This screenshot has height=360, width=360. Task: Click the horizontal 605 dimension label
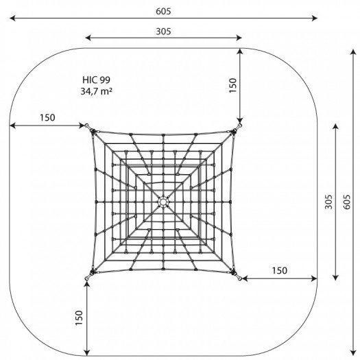coord(163,11)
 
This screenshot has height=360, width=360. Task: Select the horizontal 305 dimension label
coord(163,32)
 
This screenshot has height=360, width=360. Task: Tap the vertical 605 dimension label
coord(347,202)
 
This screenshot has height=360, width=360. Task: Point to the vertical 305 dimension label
coord(328,202)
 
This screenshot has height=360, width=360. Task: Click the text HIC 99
coord(97,80)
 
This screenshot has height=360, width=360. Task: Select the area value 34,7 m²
coord(97,91)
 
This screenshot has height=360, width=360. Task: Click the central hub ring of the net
coord(163,202)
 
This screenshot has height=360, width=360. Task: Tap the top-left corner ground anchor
coord(88,126)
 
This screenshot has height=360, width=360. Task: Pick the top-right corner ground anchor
coord(239,126)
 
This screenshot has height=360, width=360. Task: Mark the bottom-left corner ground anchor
coord(88,278)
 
